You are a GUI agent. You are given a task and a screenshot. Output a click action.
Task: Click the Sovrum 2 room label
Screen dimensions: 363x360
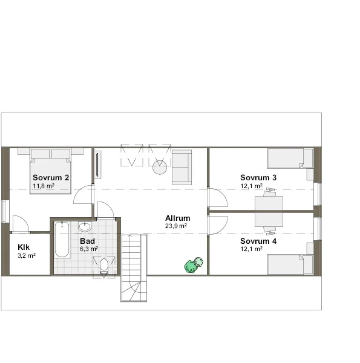(x=51, y=177)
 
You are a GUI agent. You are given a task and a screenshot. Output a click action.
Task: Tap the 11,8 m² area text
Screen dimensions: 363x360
(x=44, y=186)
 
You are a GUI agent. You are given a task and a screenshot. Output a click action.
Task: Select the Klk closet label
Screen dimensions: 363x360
(x=24, y=247)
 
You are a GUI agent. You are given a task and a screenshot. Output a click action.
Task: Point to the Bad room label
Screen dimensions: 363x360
(x=87, y=241)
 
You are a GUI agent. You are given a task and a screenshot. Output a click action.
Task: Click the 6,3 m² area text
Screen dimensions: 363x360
(x=88, y=249)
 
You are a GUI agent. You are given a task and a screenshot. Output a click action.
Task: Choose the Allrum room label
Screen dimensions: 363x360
(x=178, y=218)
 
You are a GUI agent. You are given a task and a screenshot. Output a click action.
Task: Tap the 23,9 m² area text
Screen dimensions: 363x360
(x=175, y=226)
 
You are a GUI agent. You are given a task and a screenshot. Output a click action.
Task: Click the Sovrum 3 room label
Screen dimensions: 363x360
(x=258, y=177)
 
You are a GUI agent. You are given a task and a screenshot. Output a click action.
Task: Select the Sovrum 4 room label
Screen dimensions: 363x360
(x=258, y=241)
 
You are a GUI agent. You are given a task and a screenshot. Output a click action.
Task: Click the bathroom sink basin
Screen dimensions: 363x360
(x=85, y=227)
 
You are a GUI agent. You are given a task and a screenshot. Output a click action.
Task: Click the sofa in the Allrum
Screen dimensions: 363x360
(x=182, y=167)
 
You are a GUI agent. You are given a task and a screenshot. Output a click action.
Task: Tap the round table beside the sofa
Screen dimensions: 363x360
(x=160, y=167)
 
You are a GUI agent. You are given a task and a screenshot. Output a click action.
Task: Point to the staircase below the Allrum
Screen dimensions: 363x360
(x=133, y=266)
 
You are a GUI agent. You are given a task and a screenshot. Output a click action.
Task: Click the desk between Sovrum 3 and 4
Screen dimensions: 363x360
(x=269, y=211)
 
